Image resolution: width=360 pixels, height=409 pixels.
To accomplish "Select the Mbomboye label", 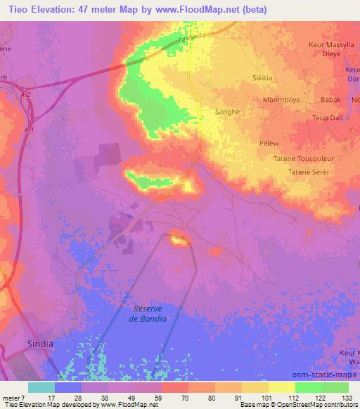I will [x=281, y=100].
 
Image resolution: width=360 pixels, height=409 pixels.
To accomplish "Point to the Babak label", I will [x=330, y=100].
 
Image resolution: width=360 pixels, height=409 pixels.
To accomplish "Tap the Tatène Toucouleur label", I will [x=300, y=159].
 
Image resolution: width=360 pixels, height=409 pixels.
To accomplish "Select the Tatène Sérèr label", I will [x=309, y=172].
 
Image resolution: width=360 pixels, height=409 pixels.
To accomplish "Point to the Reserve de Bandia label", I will [x=148, y=313].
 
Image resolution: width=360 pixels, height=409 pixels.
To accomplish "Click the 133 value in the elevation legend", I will [x=347, y=397].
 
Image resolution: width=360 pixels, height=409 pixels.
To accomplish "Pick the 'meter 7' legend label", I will [x=13, y=397].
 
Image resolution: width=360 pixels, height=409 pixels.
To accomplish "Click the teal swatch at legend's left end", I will [x=41, y=387].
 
